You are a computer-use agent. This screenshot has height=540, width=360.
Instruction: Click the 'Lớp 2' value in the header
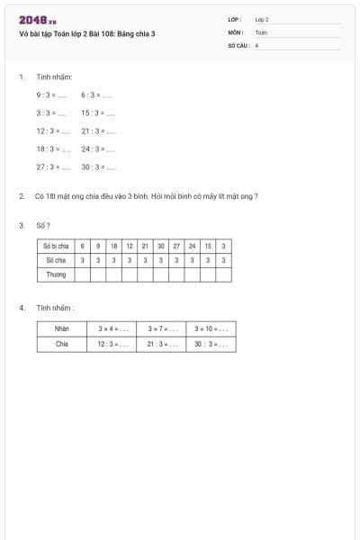(x=262, y=19)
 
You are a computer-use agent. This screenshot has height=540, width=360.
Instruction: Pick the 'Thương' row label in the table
(x=56, y=274)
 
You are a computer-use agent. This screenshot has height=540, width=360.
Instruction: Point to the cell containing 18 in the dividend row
(x=113, y=246)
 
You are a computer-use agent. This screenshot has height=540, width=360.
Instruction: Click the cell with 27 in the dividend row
(x=176, y=246)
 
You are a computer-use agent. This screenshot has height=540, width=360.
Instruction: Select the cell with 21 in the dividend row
(x=145, y=246)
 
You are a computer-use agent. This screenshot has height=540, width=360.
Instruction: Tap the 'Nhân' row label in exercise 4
(x=62, y=328)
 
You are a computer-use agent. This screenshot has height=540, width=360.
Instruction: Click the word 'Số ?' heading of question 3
(x=43, y=225)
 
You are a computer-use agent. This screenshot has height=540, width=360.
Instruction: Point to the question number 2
(x=21, y=195)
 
